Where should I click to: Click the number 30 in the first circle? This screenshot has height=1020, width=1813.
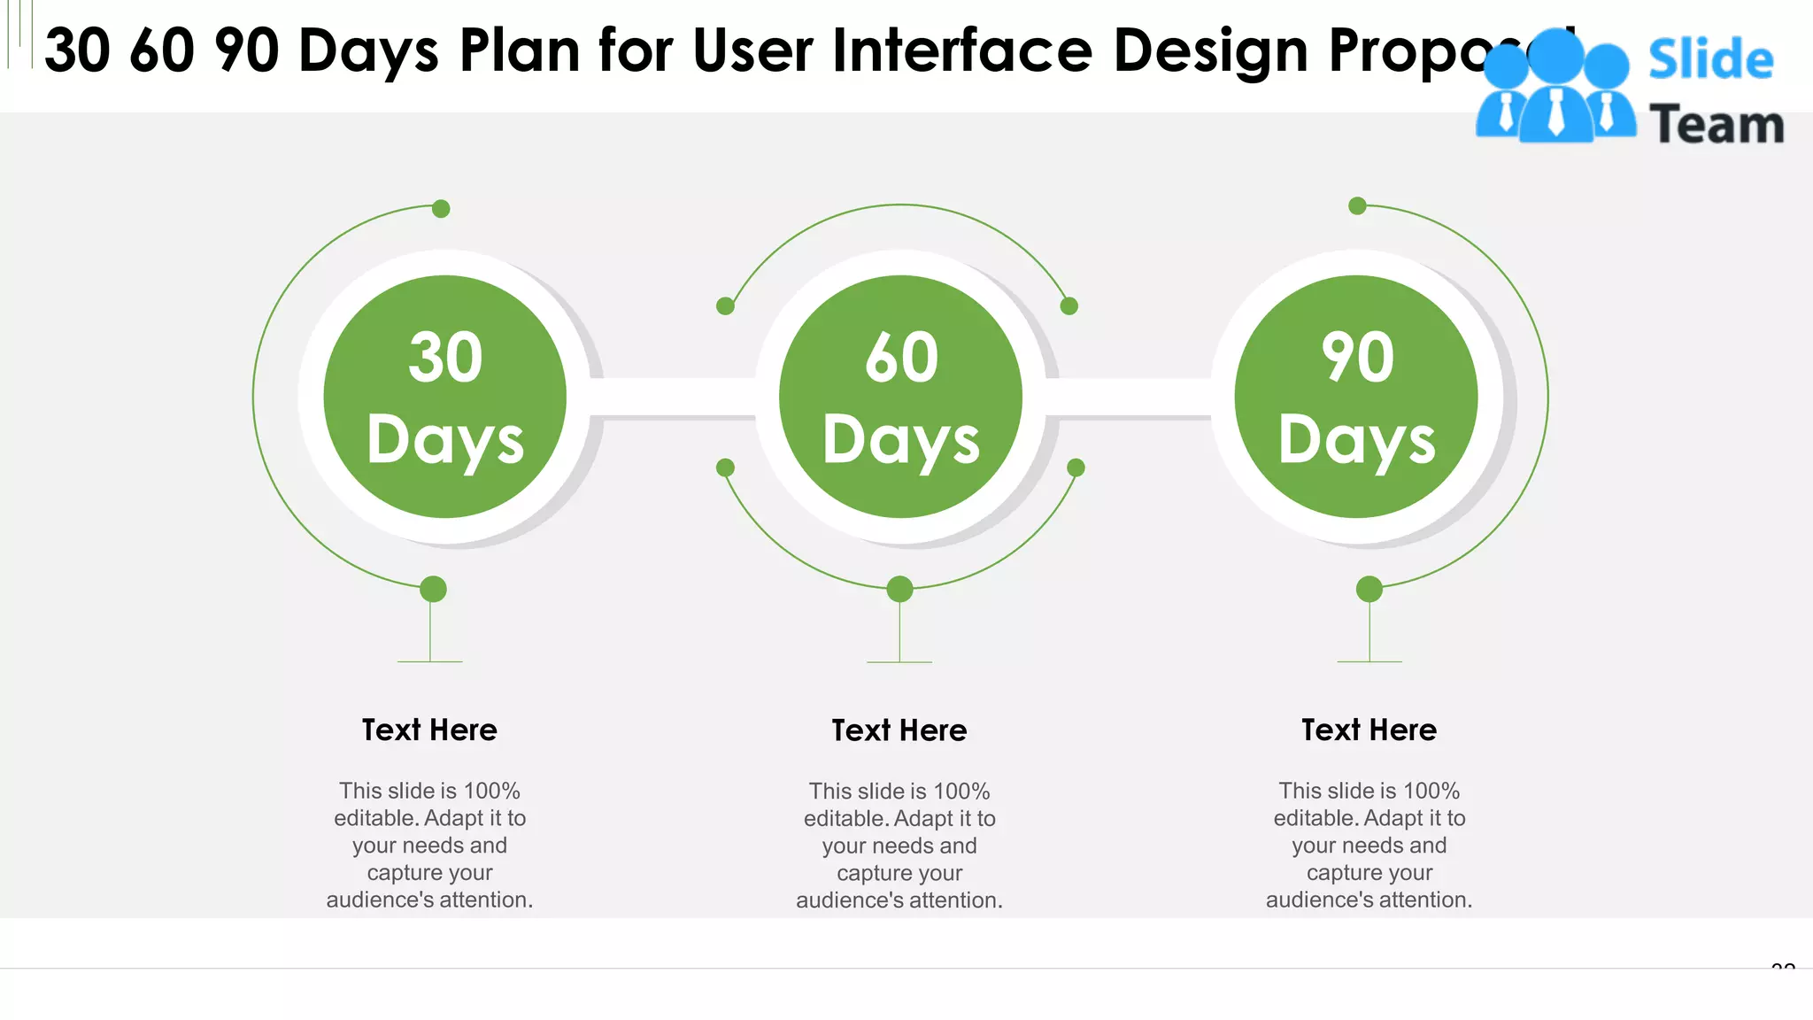(445, 358)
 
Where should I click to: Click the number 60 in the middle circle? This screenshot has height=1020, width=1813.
(901, 358)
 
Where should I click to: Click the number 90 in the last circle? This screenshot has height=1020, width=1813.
(1357, 358)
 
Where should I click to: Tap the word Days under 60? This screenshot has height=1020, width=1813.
(901, 440)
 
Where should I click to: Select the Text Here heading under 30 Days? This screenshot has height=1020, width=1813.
(429, 730)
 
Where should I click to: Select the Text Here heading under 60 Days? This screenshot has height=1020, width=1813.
(899, 730)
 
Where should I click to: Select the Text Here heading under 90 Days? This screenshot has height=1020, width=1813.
(1369, 730)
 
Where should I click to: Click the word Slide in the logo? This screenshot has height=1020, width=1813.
(1710, 60)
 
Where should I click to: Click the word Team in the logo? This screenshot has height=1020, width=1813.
(1717, 125)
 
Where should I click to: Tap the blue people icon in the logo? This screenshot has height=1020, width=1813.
(1555, 89)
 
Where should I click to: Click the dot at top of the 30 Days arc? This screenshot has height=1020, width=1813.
(441, 209)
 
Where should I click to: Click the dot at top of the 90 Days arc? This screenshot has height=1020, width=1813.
(1357, 206)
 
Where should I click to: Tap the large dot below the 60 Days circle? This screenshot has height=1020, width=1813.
(899, 589)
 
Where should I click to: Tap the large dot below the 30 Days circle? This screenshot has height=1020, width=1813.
(433, 589)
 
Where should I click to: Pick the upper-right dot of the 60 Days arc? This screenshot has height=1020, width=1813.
(1069, 306)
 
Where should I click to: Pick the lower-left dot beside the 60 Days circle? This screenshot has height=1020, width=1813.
(725, 467)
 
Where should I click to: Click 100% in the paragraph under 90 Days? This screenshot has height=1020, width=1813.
(1431, 791)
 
